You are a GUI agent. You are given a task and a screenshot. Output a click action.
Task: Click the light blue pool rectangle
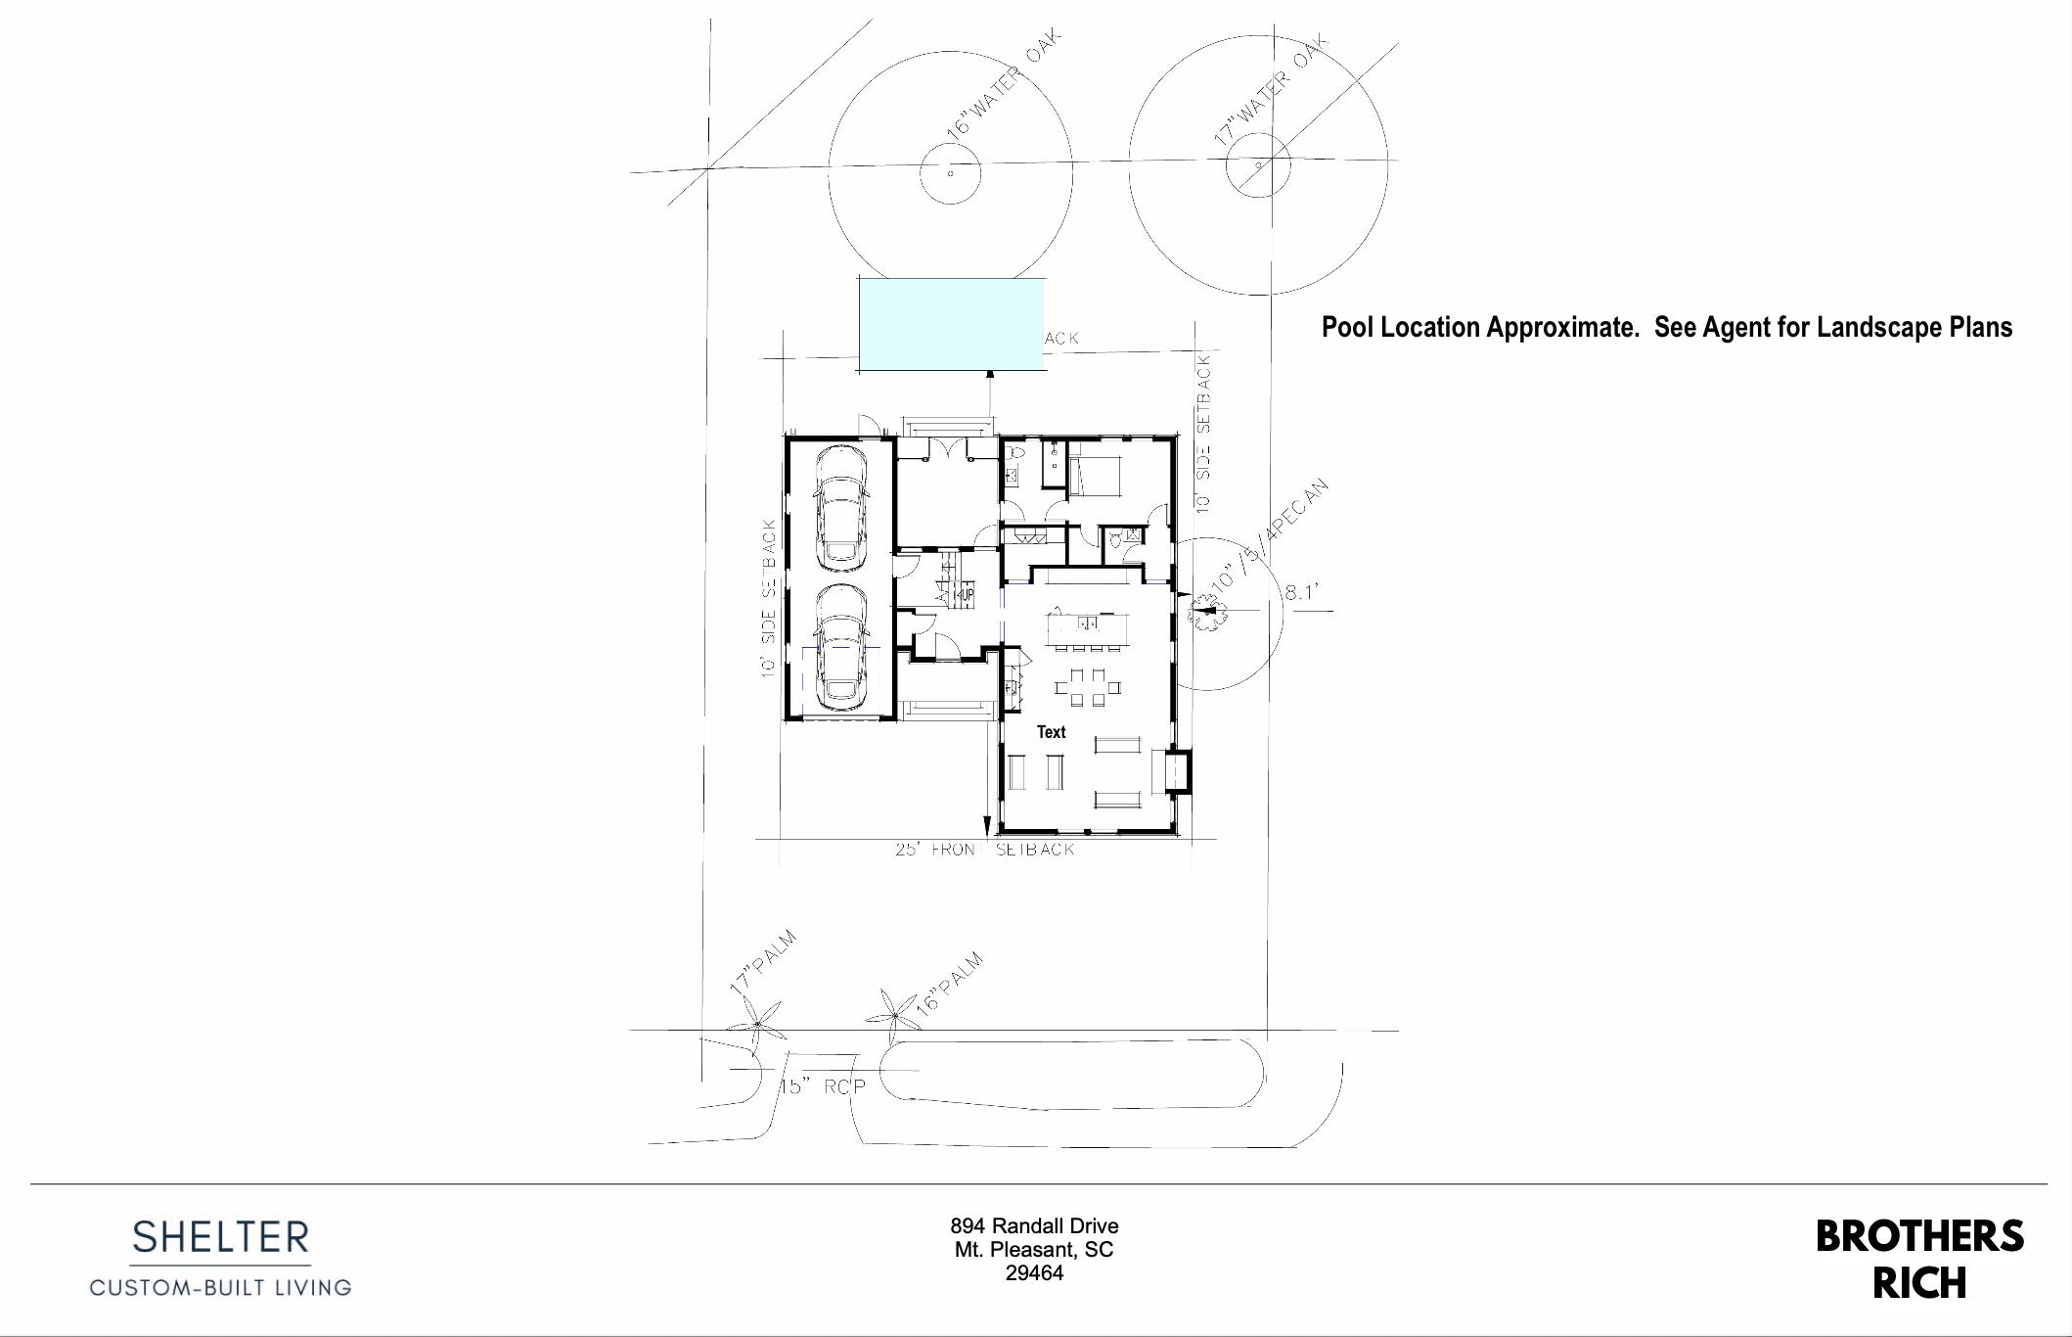[952, 324]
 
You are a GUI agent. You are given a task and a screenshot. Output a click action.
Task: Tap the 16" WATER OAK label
[1003, 85]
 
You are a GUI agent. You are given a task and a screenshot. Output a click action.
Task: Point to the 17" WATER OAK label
[1271, 90]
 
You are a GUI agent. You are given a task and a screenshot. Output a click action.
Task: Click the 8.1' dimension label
[1302, 593]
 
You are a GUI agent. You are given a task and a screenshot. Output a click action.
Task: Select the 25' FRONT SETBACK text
[984, 850]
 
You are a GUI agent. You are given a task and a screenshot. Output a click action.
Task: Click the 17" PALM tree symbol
[757, 1024]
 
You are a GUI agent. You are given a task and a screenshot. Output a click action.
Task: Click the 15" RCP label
[823, 1086]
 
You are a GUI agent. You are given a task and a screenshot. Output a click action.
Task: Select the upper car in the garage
[841, 509]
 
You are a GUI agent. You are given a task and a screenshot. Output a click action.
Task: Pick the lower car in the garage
[841, 648]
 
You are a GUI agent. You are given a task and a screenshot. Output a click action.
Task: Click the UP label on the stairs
[966, 594]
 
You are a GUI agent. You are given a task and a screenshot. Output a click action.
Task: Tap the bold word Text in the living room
[1051, 732]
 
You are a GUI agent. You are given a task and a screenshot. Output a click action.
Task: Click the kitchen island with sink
[1087, 627]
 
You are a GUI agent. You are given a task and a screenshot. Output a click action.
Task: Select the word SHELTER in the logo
[221, 1238]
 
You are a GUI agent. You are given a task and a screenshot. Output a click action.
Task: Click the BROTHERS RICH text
[1918, 1260]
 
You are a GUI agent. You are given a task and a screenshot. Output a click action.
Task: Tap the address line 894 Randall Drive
[1034, 1226]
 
